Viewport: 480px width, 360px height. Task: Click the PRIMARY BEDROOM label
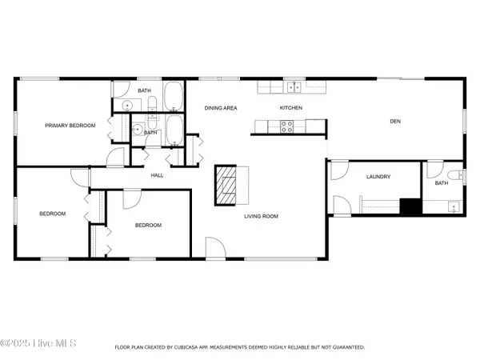pos(70,126)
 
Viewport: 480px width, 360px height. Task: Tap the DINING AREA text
pos(220,108)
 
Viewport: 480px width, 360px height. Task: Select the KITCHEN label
pos(290,108)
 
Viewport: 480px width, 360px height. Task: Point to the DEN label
pos(394,122)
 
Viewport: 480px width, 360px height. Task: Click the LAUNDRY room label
pos(378,177)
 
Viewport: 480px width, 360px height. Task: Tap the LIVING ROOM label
pos(261,216)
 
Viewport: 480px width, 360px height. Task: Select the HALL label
pos(158,176)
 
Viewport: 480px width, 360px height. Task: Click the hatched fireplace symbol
pos(227,186)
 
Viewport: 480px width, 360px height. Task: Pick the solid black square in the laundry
pos(410,206)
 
